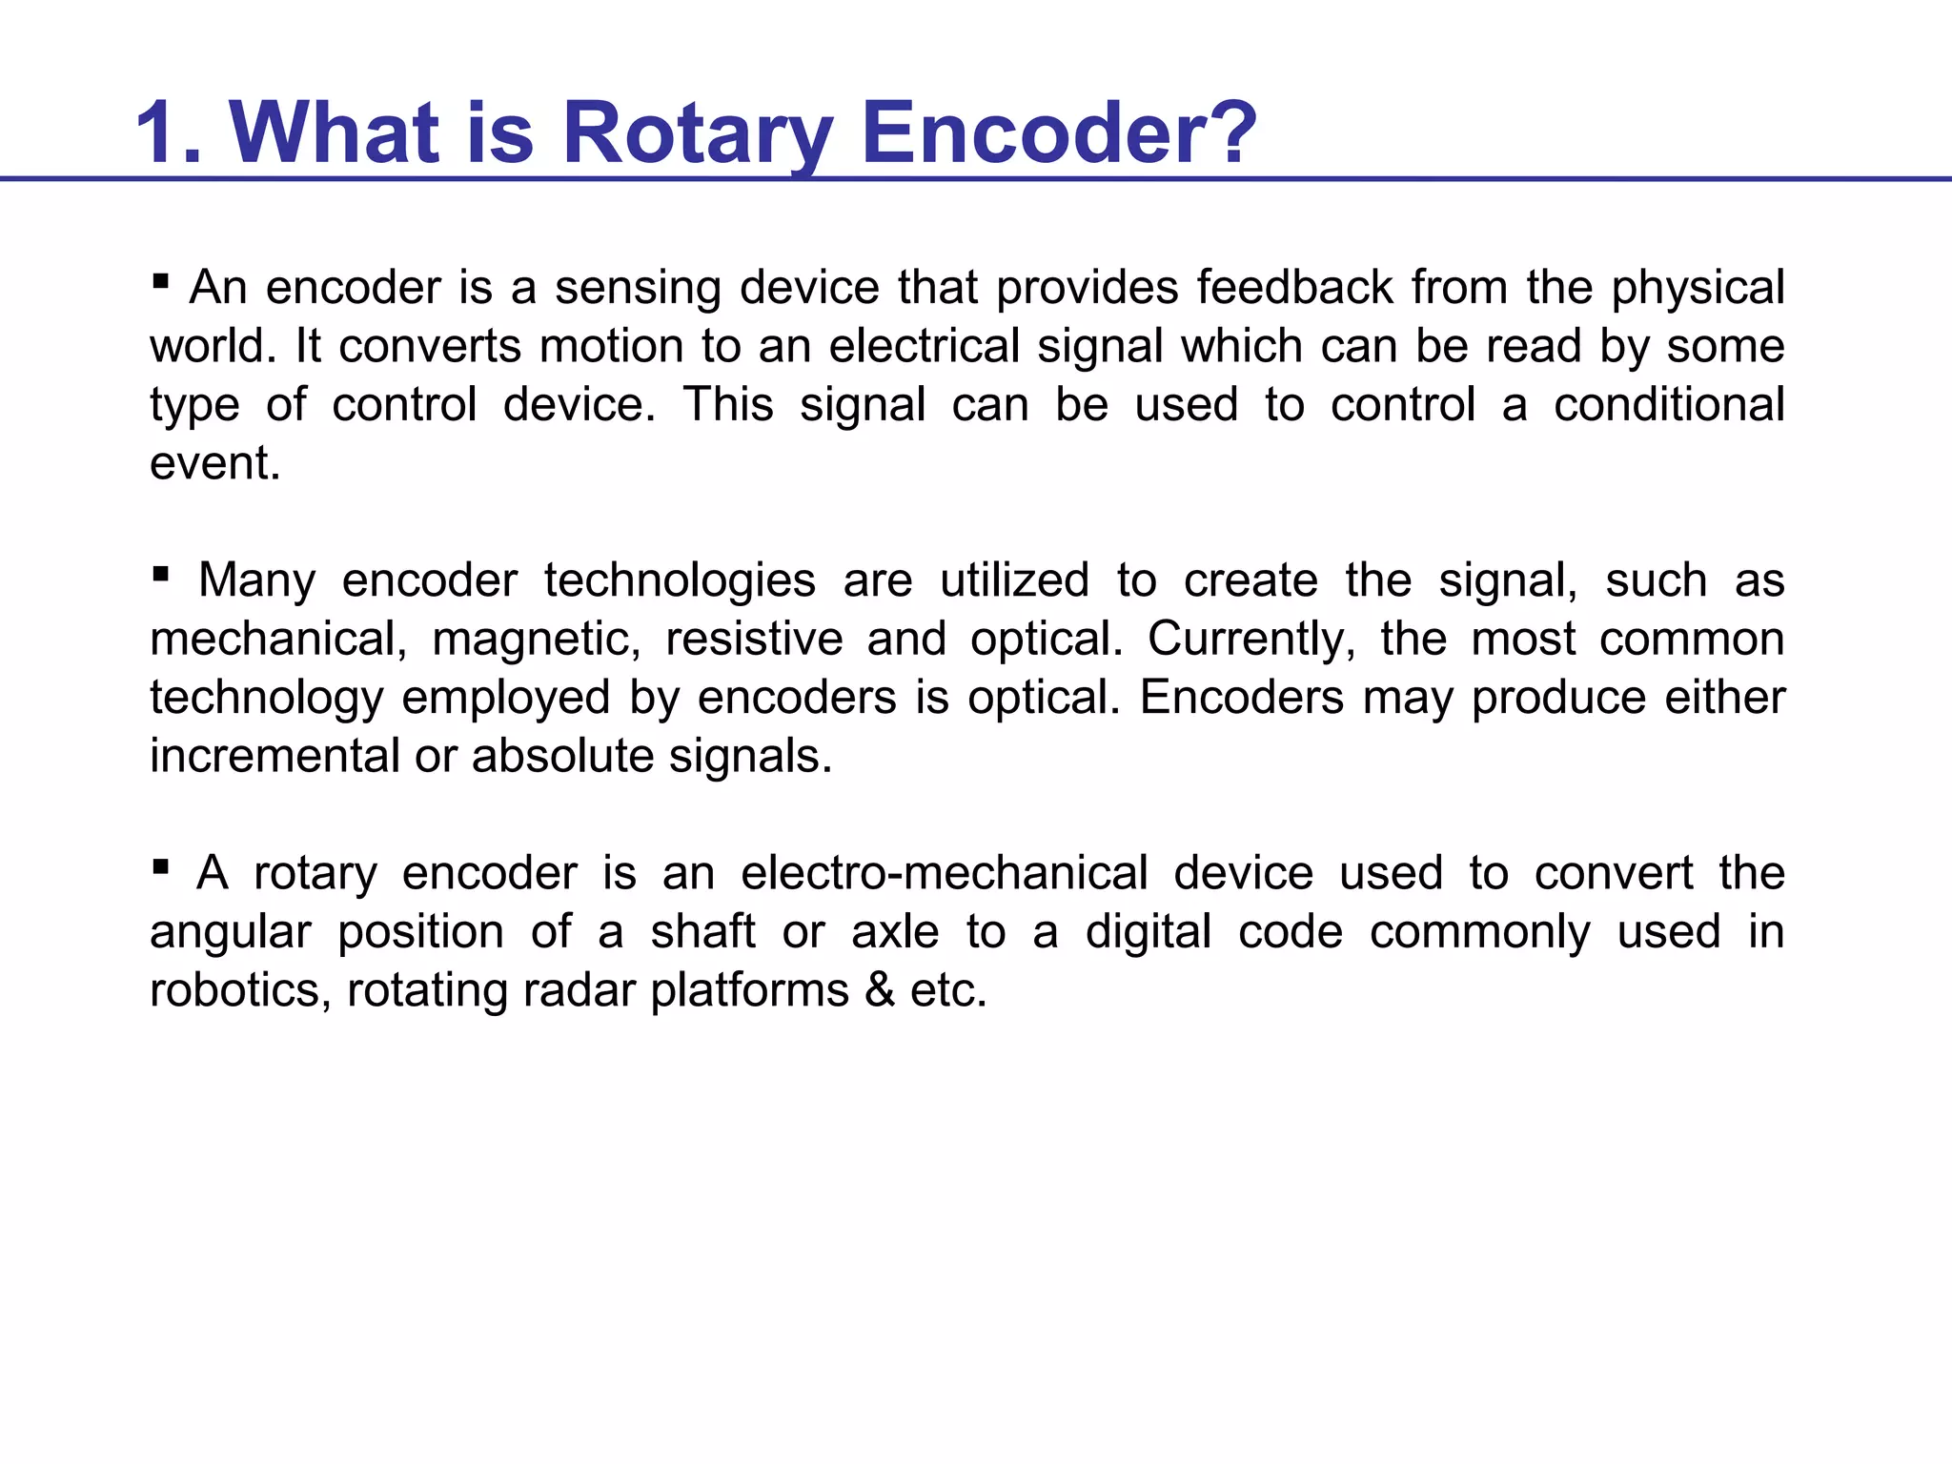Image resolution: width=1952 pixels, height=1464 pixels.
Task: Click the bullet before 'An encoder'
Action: pos(160,281)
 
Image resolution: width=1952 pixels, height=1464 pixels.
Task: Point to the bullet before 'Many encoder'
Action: pos(160,574)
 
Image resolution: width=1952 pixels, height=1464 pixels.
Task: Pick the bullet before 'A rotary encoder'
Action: pos(160,866)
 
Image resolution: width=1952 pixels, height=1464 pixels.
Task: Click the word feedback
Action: pos(1294,287)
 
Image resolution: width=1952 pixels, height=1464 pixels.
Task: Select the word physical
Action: pos(1698,289)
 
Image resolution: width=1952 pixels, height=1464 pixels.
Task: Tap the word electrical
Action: pos(924,345)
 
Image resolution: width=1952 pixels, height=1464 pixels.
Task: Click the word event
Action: pos(214,463)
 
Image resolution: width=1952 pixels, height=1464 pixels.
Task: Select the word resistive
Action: pos(754,639)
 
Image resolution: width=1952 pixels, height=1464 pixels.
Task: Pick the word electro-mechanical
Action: pos(945,873)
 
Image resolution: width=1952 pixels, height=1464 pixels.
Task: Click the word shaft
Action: pos(702,931)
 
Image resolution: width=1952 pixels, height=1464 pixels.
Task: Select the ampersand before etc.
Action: pos(880,990)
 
